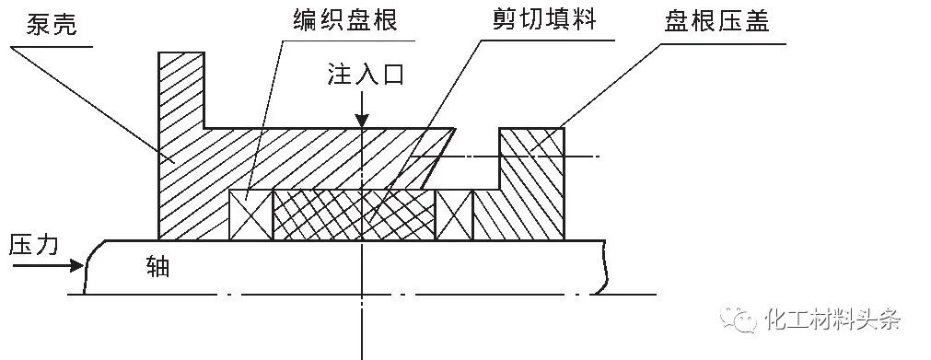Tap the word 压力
pos(34,244)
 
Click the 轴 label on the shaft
pos(157,267)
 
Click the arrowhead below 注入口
pos(363,121)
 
